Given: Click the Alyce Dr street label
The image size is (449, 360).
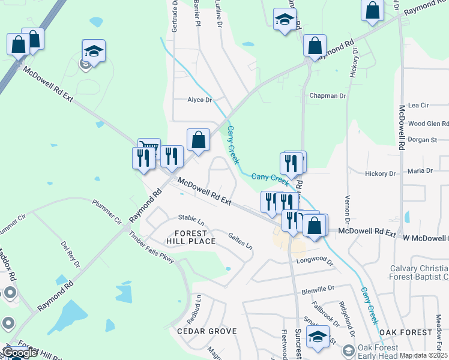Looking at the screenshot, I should (200, 100).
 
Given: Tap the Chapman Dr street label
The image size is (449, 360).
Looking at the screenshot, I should (327, 96).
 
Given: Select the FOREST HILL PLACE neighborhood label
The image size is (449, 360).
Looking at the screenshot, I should (191, 237).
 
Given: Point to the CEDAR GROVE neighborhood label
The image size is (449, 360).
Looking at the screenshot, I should (206, 331).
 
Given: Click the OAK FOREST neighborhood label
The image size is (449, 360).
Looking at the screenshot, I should (405, 332).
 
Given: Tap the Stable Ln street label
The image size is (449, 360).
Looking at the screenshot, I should (191, 217).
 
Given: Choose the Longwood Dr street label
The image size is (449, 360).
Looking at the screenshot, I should (315, 261).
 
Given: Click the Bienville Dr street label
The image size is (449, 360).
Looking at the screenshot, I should (318, 289).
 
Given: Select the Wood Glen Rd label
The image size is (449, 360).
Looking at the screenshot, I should (428, 124).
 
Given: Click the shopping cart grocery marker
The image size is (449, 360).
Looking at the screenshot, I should (149, 147).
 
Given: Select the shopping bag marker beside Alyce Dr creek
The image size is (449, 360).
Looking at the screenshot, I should (198, 140).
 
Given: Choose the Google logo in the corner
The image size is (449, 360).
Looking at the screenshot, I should (20, 353).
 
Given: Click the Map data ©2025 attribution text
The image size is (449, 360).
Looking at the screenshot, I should (424, 355).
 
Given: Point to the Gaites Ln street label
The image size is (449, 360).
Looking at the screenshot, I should (240, 241).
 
